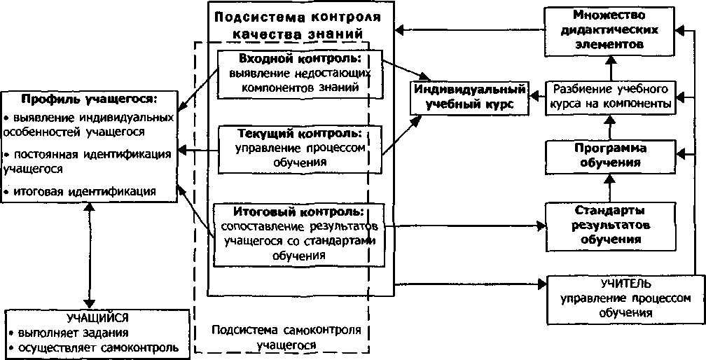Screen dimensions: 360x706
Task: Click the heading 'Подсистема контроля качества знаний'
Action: click(301, 25)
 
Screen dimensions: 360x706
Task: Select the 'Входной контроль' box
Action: click(299, 73)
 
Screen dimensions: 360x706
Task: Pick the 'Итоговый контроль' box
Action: click(300, 233)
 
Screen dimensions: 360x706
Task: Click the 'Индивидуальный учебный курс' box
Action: click(468, 97)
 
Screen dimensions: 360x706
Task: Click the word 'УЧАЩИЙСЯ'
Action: click(97, 317)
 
